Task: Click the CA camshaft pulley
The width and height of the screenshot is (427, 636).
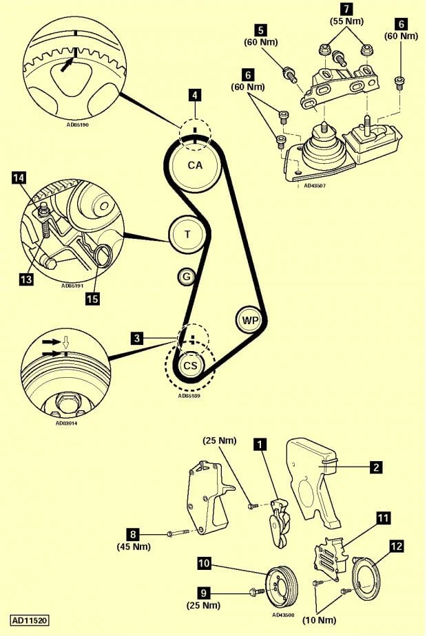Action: [x=196, y=165]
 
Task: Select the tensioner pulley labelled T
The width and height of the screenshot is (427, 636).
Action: [x=187, y=235]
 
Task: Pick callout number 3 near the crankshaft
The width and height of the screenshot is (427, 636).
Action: [x=138, y=338]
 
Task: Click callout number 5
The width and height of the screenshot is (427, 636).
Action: [x=260, y=30]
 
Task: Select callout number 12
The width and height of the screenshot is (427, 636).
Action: [x=396, y=547]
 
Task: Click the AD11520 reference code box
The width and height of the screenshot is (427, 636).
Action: [x=29, y=619]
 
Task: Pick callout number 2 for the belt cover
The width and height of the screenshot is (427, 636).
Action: [x=376, y=467]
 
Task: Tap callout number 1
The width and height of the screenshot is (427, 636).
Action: [x=260, y=445]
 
